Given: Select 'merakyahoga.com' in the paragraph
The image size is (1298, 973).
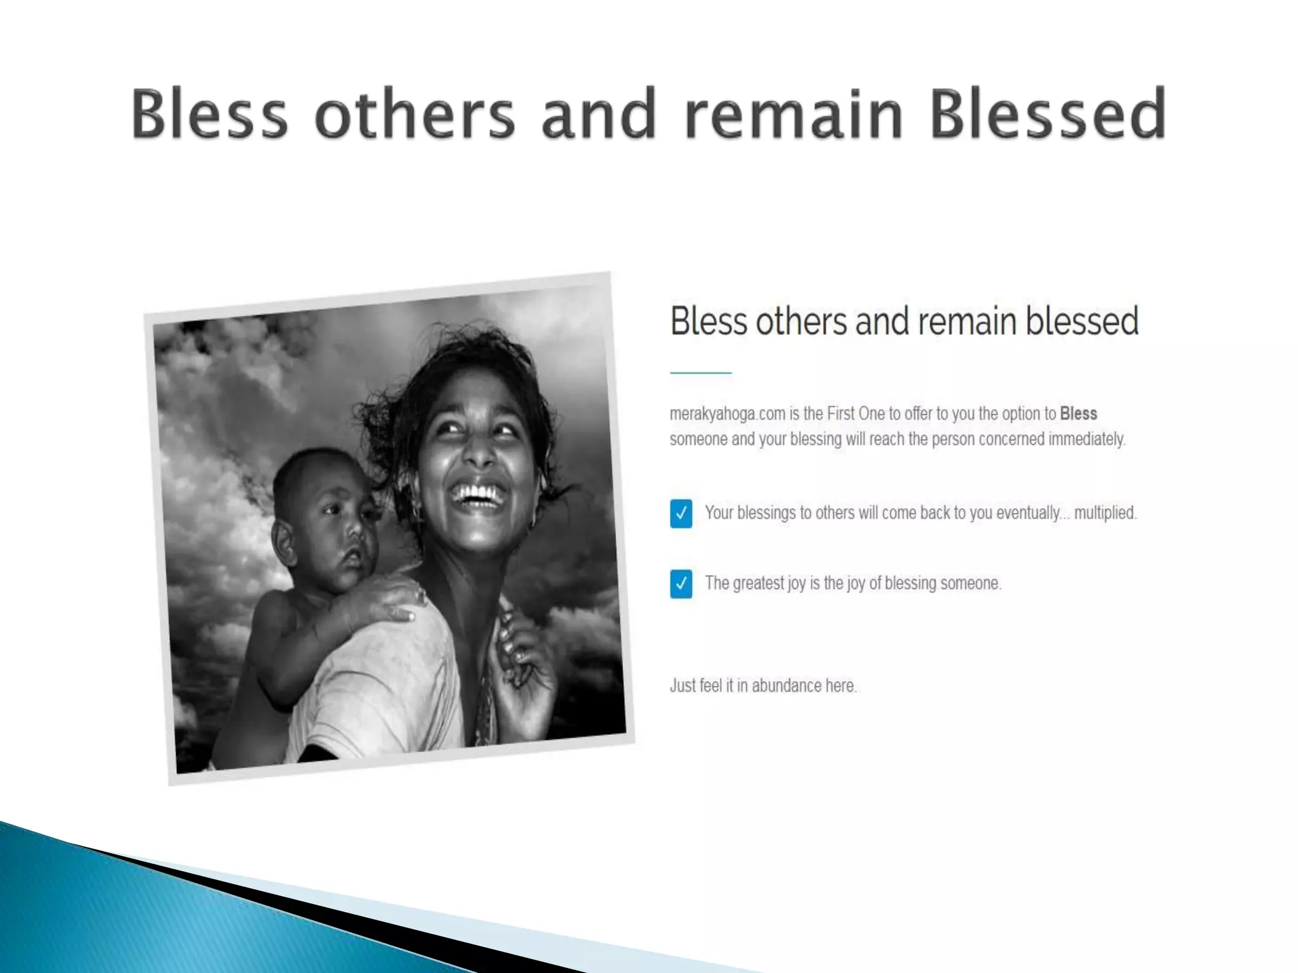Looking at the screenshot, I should [728, 414].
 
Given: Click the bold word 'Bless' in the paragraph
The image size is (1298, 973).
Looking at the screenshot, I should [1078, 414].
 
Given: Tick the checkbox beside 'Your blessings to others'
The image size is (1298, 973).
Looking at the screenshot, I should [681, 513].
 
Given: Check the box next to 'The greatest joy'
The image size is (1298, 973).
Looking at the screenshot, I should [681, 583].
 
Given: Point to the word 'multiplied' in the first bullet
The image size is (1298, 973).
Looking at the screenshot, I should [1105, 513].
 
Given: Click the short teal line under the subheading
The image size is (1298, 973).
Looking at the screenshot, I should [700, 373].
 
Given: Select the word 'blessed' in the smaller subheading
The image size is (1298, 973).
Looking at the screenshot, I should [1082, 321].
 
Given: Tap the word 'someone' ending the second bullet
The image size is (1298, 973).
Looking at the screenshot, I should [969, 583].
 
